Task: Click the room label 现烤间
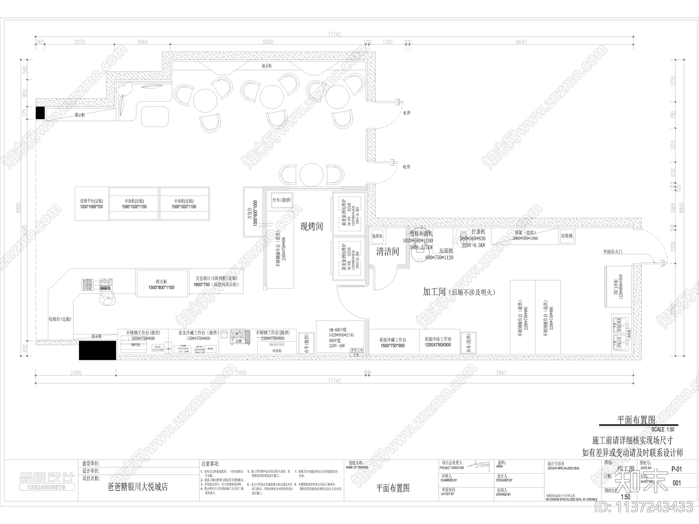click(311, 227)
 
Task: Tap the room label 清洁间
click(388, 252)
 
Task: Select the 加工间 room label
click(434, 292)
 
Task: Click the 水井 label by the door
click(406, 112)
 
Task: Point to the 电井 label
click(406, 167)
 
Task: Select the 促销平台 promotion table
click(91, 203)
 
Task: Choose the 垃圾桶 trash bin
click(567, 236)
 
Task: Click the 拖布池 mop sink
click(377, 236)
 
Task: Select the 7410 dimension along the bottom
click(240, 373)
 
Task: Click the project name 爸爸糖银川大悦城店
click(138, 486)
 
